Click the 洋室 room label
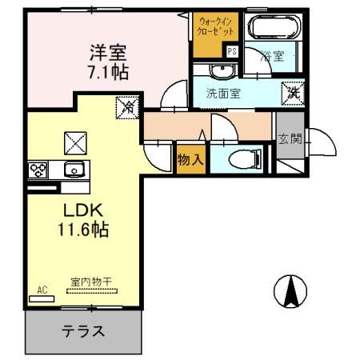pos(107,54)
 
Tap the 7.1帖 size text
pos(107,71)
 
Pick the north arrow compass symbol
pos(290,290)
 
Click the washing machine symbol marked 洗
pos(293,92)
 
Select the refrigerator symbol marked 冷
pos(126,106)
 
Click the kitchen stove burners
pos(38,168)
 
